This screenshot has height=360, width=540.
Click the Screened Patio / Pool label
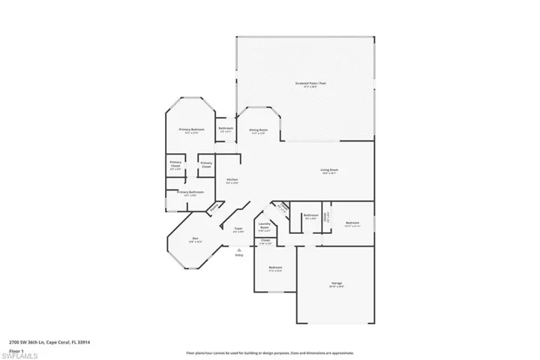pos(304,85)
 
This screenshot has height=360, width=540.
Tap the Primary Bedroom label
pos(192,130)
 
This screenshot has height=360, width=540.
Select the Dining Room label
pos(258,130)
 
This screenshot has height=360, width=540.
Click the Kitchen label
pos(232,180)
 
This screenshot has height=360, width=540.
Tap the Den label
pos(195,239)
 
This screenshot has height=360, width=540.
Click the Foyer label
pos(238,229)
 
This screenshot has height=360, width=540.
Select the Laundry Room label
pos(264,226)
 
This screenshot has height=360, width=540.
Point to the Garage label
pos(337,283)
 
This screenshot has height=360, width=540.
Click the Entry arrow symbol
pos(239,250)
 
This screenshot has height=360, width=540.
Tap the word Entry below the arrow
pos(239,256)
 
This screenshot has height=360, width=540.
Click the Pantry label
pos(214,208)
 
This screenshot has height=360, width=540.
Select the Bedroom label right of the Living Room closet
pos(352,223)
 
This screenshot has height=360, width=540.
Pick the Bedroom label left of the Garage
pos(275,268)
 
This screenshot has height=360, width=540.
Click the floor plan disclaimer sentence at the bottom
pos(270,352)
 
